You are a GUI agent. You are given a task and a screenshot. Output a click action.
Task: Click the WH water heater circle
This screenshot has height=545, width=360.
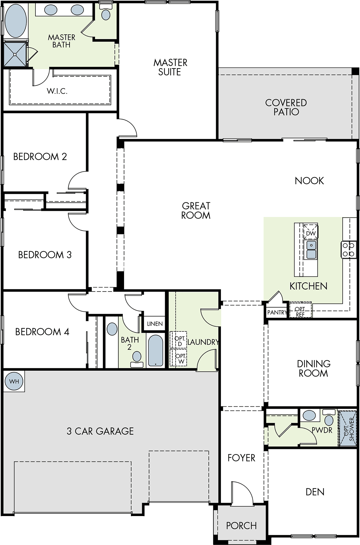click(14, 381)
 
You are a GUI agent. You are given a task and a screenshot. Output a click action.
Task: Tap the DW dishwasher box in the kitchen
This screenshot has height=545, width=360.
click(311, 231)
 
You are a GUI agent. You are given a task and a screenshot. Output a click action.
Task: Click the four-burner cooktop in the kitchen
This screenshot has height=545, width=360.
click(348, 250)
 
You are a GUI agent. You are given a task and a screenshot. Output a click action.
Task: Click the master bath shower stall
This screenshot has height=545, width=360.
click(15, 54)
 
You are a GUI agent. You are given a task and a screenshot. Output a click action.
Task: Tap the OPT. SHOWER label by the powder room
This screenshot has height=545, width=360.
click(349, 429)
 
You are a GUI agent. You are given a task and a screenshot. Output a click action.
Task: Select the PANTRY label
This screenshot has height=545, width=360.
click(277, 312)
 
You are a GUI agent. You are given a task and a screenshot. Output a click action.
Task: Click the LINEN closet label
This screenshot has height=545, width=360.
click(155, 324)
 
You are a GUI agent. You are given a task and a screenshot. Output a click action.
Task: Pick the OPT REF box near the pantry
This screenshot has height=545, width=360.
click(300, 310)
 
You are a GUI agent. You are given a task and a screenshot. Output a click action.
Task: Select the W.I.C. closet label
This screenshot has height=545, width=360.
click(57, 91)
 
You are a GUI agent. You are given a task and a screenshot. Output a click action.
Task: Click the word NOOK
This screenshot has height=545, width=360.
click(309, 181)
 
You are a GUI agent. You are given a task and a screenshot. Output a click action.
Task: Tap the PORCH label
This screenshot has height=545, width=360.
click(241, 526)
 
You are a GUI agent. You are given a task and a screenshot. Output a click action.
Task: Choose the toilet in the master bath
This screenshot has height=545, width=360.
click(106, 12)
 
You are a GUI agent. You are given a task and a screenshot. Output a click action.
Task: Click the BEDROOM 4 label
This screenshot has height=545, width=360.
click(42, 332)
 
